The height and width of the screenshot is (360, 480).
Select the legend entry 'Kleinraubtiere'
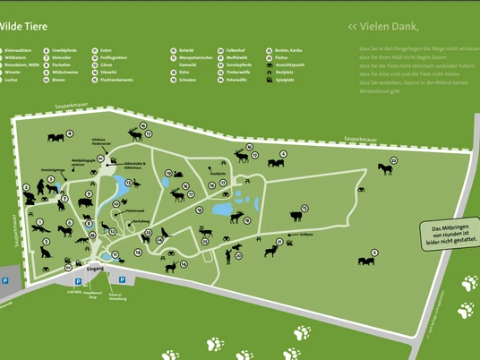pyautogui.click(x=18, y=50)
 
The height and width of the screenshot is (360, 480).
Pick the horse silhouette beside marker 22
pyautogui.click(x=385, y=168)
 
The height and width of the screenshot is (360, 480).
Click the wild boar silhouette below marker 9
pyautogui.click(x=84, y=202)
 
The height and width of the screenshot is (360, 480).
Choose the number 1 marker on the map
pyautogui.click(x=39, y=221)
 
